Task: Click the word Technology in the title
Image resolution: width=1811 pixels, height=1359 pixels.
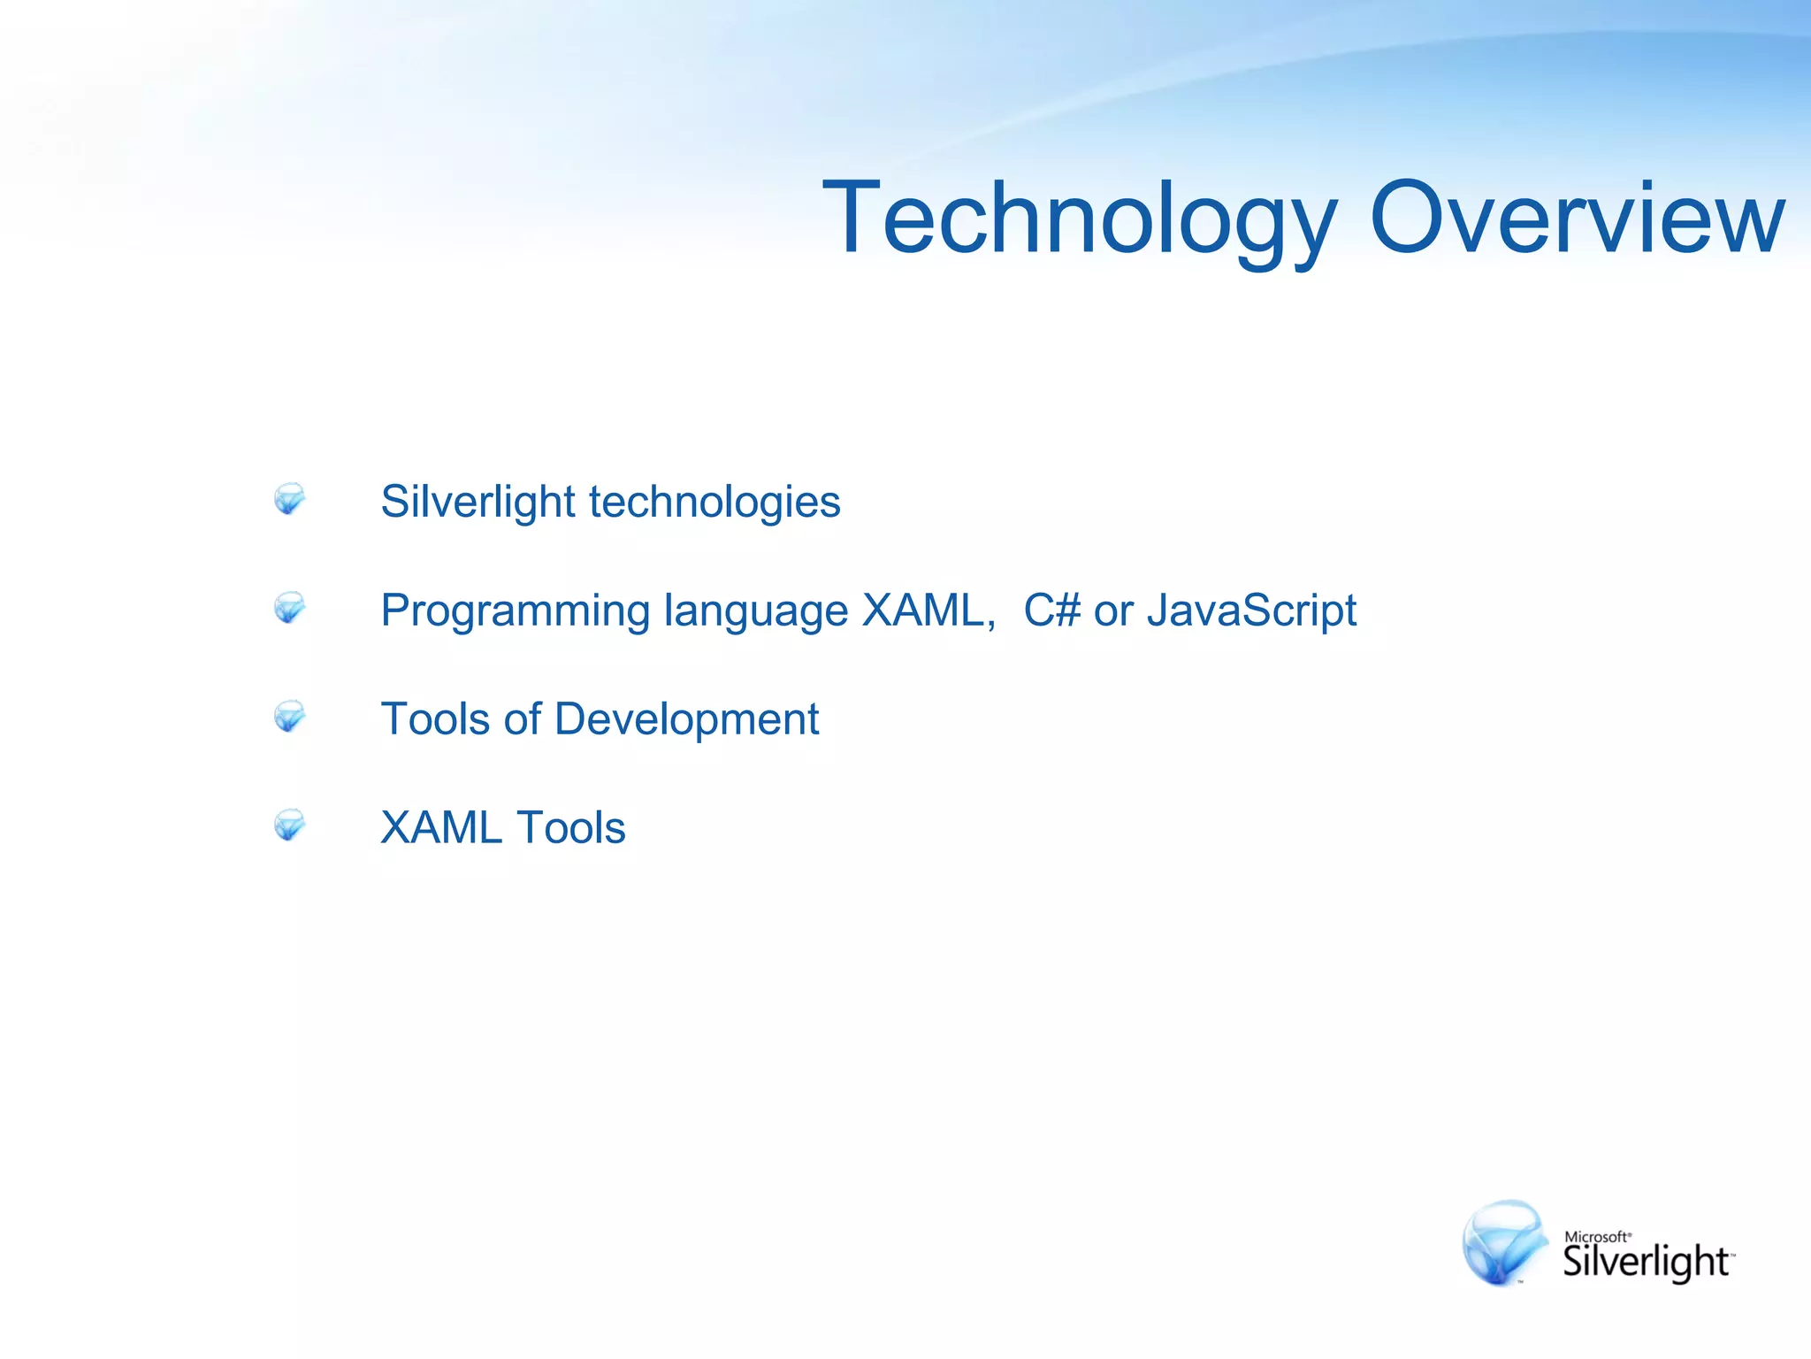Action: click(1079, 219)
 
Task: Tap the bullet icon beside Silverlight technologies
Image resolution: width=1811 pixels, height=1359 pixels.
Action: click(289, 499)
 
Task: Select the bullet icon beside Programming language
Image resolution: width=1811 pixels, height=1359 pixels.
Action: click(289, 608)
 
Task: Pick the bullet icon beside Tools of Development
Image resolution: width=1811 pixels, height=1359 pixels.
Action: click(289, 717)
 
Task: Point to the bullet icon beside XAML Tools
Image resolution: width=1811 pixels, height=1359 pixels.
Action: click(289, 825)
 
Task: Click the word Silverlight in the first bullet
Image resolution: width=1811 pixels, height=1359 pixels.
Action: click(478, 502)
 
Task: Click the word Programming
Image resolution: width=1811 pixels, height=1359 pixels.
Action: click(515, 611)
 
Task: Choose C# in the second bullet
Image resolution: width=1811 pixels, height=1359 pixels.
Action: click(1051, 610)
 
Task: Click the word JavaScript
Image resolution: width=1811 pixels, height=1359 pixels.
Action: click(1251, 610)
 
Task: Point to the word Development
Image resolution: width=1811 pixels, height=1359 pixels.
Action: click(686, 719)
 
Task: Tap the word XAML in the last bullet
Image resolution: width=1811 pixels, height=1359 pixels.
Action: click(441, 828)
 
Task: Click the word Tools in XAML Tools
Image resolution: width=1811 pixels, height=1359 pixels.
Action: click(571, 828)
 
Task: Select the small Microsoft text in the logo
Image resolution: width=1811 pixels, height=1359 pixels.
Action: click(1596, 1237)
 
